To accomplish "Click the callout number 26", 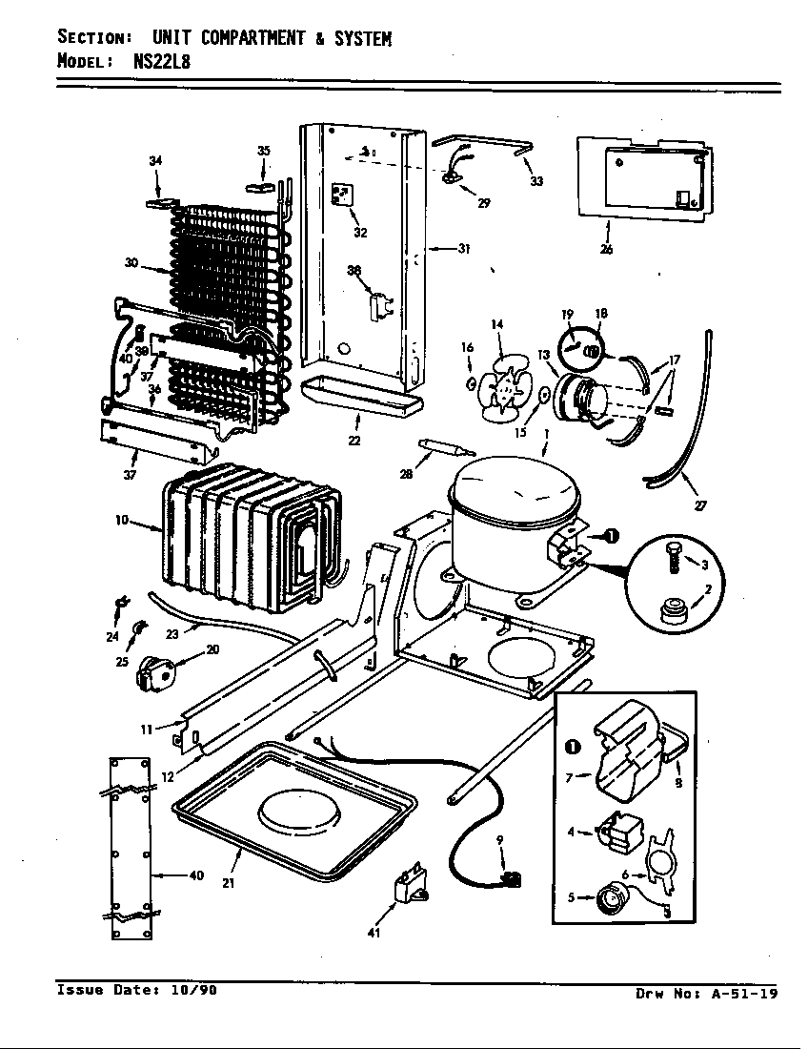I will (x=606, y=250).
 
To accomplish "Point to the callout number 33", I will (x=536, y=181).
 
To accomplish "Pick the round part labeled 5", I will (x=608, y=896).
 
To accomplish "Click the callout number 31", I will (x=464, y=249).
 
